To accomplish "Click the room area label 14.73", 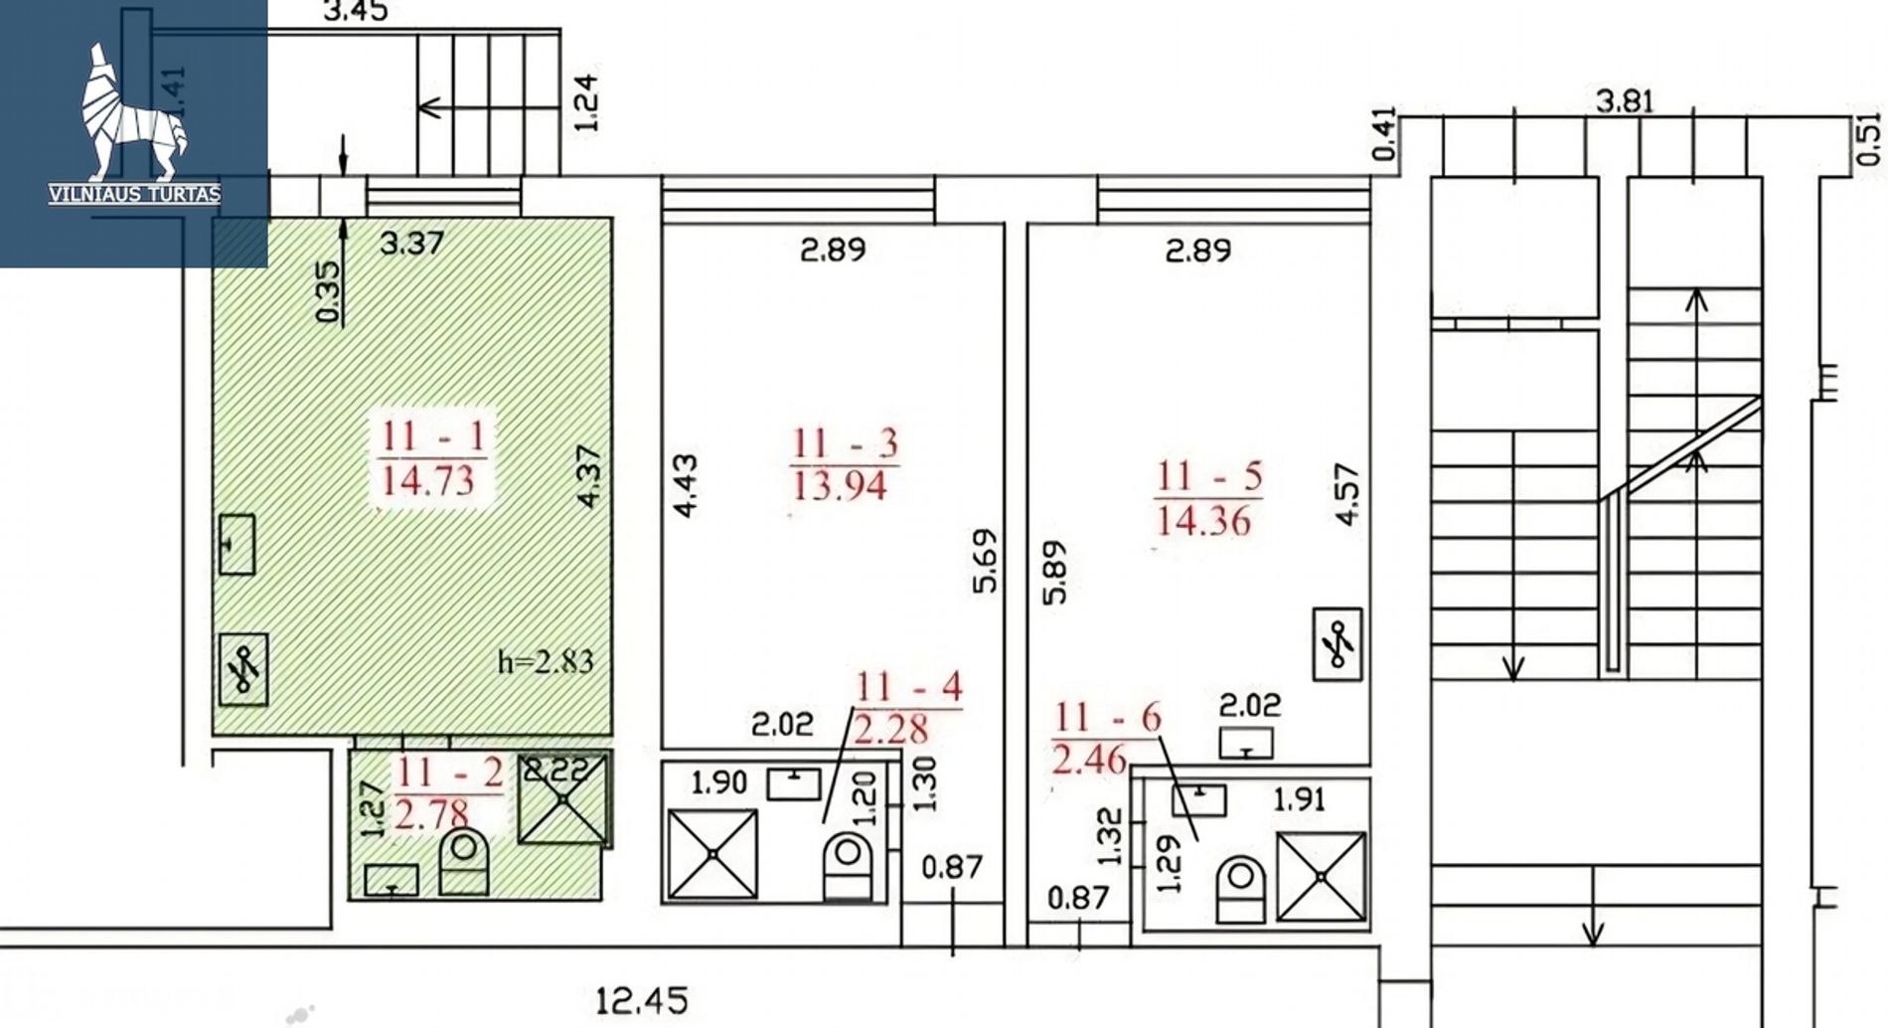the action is coord(428,481).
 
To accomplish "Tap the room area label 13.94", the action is coord(840,485).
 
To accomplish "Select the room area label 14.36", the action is coord(1204,520).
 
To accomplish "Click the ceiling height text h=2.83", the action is coord(546,661).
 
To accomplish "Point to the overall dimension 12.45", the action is coord(642,1000).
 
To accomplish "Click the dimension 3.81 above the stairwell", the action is coord(1625,101).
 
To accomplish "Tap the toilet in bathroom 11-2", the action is coord(464,864).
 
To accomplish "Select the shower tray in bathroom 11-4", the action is coord(712,854).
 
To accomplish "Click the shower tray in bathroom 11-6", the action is coord(1321,877).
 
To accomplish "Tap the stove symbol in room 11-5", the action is coord(1337,644).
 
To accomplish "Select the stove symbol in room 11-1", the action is coord(242,670).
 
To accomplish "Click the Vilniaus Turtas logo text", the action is coord(134,194).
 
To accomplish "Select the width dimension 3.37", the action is coord(411,243).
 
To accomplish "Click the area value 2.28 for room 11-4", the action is coord(890,730).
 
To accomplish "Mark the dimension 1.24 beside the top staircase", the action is coord(586,101).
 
